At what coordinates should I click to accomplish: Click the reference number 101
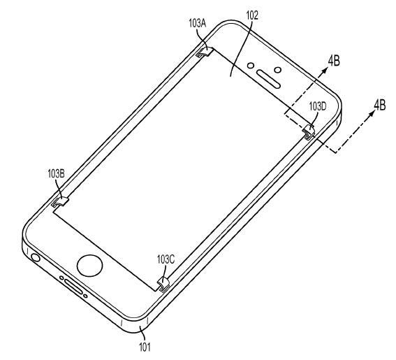coord(145,347)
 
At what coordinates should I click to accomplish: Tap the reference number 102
coord(252,15)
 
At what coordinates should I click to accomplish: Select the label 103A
coord(198,24)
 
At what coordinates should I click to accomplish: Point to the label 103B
coord(56,174)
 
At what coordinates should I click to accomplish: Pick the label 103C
coord(166,259)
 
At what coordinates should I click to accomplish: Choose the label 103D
coord(318,106)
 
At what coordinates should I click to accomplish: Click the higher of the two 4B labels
coord(334,62)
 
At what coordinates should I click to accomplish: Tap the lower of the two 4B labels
coord(379,105)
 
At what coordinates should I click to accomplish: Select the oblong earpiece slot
coord(268,79)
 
